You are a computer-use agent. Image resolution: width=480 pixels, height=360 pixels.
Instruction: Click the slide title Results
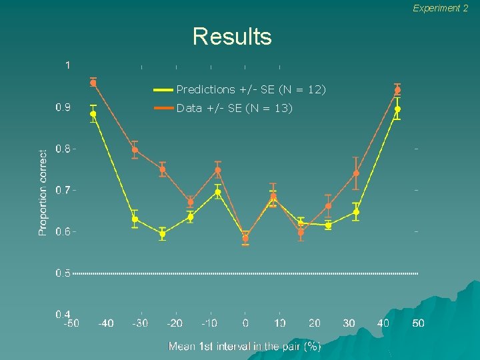[x=232, y=36]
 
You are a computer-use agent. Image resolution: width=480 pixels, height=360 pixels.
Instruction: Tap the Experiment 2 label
[x=440, y=8]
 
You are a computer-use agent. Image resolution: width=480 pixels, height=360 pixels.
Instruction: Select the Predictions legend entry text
[x=251, y=89]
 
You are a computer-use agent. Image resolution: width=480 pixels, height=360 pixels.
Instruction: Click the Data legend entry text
[x=234, y=108]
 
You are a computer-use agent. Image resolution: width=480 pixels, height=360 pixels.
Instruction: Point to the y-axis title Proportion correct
[x=43, y=192]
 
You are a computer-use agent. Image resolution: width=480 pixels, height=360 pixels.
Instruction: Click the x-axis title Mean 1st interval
[x=245, y=346]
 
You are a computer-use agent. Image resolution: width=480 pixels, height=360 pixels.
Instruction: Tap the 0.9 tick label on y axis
[x=63, y=107]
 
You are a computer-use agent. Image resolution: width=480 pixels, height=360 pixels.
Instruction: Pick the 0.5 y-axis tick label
[x=63, y=273]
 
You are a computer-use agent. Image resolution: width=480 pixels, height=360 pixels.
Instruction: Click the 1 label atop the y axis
[x=67, y=65]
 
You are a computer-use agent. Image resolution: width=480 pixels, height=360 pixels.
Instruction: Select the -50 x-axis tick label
[x=71, y=323]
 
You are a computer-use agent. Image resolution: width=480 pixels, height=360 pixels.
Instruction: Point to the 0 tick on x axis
[x=245, y=323]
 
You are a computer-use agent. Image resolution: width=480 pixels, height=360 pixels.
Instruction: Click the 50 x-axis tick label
[x=418, y=323]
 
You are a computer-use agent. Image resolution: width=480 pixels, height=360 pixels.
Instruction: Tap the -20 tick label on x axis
[x=175, y=323]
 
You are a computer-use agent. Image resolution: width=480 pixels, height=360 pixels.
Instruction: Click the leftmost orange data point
[x=93, y=83]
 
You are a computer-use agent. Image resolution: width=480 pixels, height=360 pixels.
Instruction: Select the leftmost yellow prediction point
[x=93, y=114]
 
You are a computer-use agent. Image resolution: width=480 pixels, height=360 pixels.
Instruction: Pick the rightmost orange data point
[x=397, y=90]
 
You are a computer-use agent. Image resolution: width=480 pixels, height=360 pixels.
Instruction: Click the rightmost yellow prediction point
[x=397, y=109]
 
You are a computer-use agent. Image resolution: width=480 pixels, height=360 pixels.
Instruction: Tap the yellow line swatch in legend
[x=163, y=89]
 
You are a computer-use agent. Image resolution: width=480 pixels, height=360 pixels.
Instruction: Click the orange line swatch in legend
[x=163, y=108]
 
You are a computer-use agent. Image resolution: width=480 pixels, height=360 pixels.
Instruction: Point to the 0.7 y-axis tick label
[x=63, y=190]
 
